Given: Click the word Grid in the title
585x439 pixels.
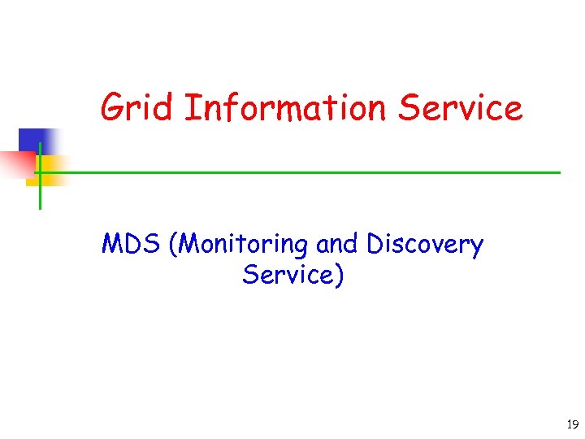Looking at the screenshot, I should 137,108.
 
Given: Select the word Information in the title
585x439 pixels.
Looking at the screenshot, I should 284,108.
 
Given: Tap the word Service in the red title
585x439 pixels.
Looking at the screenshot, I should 461,108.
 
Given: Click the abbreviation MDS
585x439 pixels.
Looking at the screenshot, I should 131,244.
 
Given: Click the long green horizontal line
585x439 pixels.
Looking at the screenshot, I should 301,172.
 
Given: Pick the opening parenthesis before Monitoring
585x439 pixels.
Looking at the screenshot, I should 172,245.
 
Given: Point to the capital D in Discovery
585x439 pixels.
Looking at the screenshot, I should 375,244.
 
